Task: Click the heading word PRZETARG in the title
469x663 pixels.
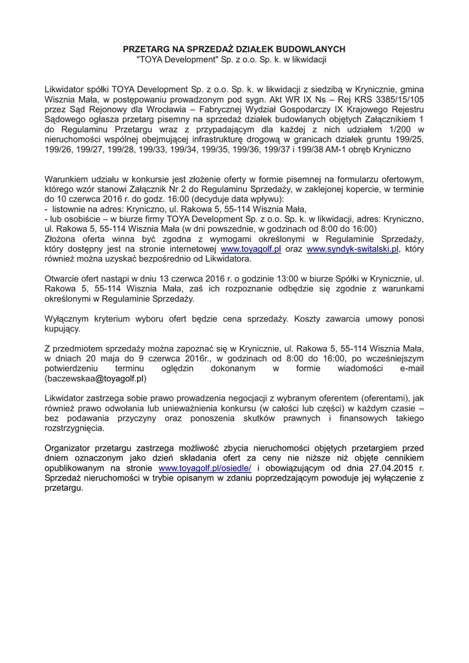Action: coord(144,49)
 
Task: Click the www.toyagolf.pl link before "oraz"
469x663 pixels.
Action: coord(249,248)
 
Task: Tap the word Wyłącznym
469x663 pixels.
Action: coord(69,318)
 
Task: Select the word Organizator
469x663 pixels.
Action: coord(71,447)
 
